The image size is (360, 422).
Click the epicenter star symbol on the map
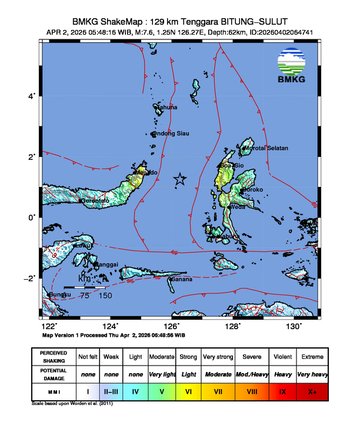pyautogui.click(x=180, y=179)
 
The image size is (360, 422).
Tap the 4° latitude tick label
pyautogui.click(x=31, y=96)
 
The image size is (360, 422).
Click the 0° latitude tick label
pyautogui.click(x=31, y=217)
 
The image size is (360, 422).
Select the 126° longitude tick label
pyautogui.click(x=171, y=325)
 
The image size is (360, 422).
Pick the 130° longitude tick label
pyautogui.click(x=293, y=325)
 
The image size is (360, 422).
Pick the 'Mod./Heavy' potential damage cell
pyautogui.click(x=259, y=375)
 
